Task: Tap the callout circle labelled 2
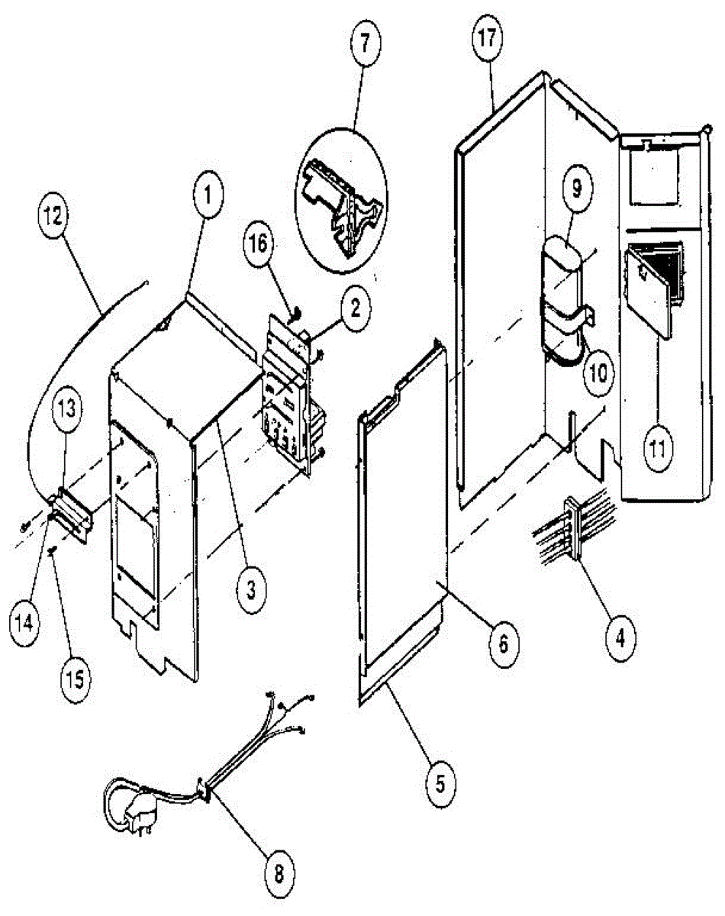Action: point(354,311)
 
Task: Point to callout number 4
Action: point(620,636)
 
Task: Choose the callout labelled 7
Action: point(364,42)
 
